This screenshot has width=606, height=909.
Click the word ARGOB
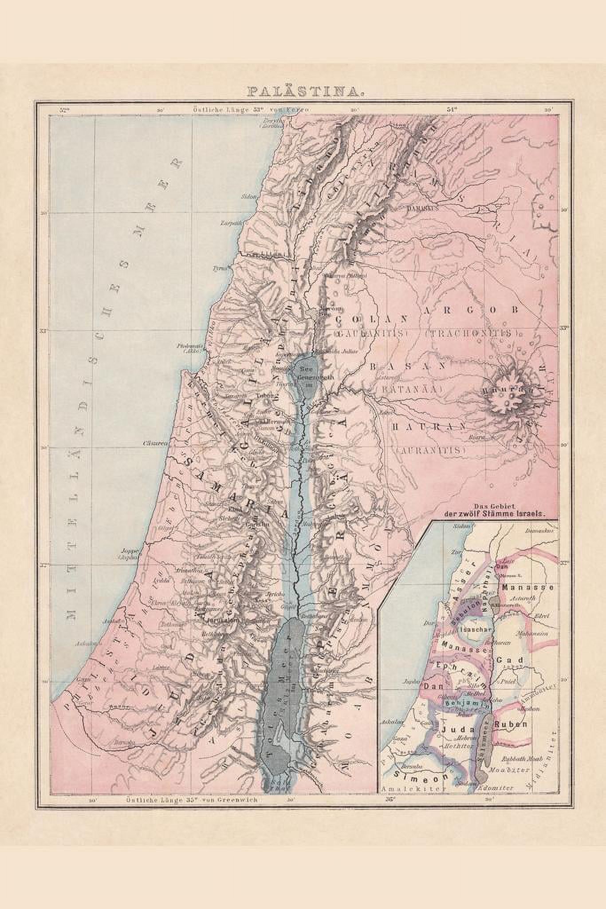click(483, 311)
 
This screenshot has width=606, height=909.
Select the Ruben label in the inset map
click(514, 724)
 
